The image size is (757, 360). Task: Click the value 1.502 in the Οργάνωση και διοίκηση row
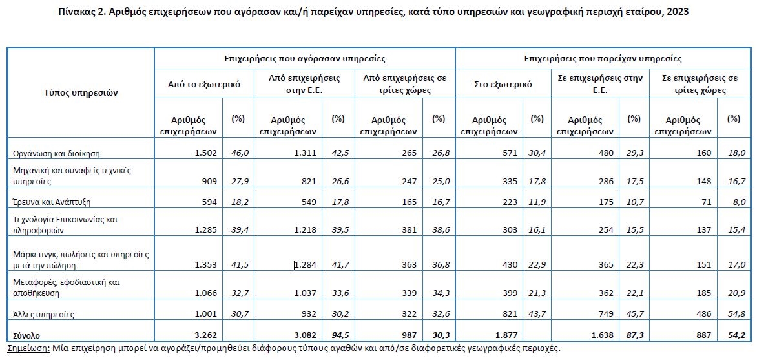pos(203,153)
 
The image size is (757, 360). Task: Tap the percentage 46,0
pos(240,153)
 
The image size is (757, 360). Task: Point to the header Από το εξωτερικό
pos(204,83)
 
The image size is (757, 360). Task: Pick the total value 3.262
pos(203,334)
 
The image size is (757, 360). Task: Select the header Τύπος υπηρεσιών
pos(80,92)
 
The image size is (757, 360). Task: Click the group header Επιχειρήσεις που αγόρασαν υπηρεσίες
pos(304,58)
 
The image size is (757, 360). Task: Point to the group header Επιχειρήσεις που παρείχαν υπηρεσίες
pos(603,58)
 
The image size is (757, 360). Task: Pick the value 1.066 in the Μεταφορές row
pos(203,293)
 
